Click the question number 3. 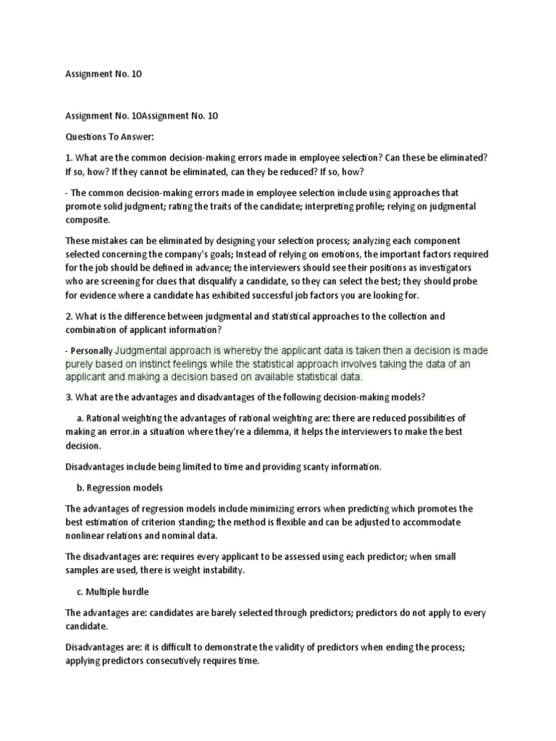(x=68, y=397)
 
